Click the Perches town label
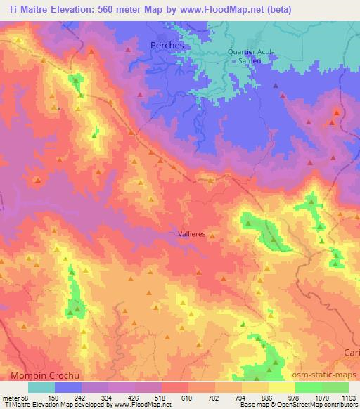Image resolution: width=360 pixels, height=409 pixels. tap(167, 44)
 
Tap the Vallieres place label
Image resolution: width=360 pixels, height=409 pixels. tap(191, 235)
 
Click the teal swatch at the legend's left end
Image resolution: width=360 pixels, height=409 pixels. tap(41, 387)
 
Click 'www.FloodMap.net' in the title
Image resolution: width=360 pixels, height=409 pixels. tap(213, 9)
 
